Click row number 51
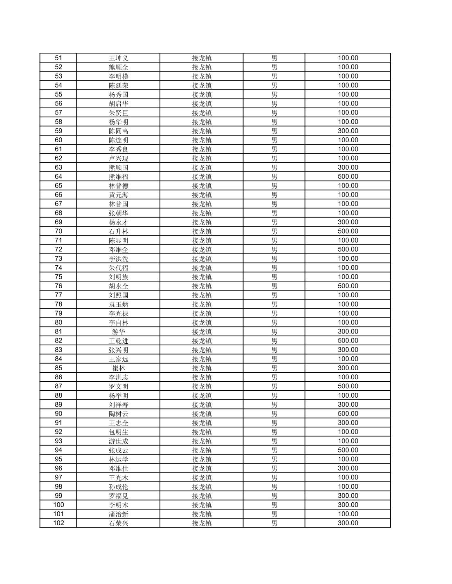click(58, 58)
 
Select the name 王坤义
click(119, 58)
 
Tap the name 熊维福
click(119, 177)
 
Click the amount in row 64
click(348, 177)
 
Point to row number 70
click(58, 231)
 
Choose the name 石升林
click(119, 231)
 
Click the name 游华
click(119, 331)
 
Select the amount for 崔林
click(348, 368)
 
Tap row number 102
click(58, 523)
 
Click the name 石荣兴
click(119, 523)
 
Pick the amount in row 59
click(348, 131)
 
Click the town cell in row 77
click(202, 295)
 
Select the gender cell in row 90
click(274, 414)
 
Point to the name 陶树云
click(119, 414)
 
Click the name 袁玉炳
click(119, 304)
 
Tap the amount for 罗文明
click(348, 386)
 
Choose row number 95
click(58, 459)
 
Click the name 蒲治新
click(119, 514)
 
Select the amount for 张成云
click(348, 450)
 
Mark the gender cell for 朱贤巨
click(274, 113)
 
